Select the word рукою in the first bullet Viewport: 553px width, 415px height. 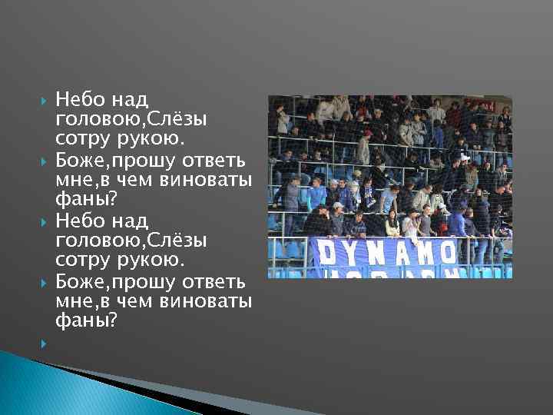pos(159,139)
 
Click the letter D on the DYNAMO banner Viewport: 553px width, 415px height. pos(326,252)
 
